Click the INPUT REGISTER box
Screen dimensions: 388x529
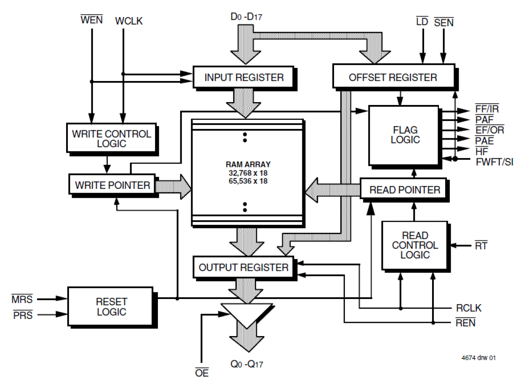click(243, 77)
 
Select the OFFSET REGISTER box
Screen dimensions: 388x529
click(393, 77)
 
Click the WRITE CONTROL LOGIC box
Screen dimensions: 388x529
click(111, 138)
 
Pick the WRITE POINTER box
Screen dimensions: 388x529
click(112, 185)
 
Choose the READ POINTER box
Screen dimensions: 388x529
click(404, 190)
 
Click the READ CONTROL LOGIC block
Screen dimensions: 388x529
click(415, 245)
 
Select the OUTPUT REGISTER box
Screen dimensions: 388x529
click(243, 267)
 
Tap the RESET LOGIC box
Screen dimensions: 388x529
click(111, 307)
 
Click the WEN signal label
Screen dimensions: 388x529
click(91, 20)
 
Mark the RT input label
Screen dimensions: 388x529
click(481, 245)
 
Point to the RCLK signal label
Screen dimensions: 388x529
click(468, 308)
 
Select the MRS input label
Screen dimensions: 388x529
click(22, 299)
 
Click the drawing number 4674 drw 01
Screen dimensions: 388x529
click(478, 358)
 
